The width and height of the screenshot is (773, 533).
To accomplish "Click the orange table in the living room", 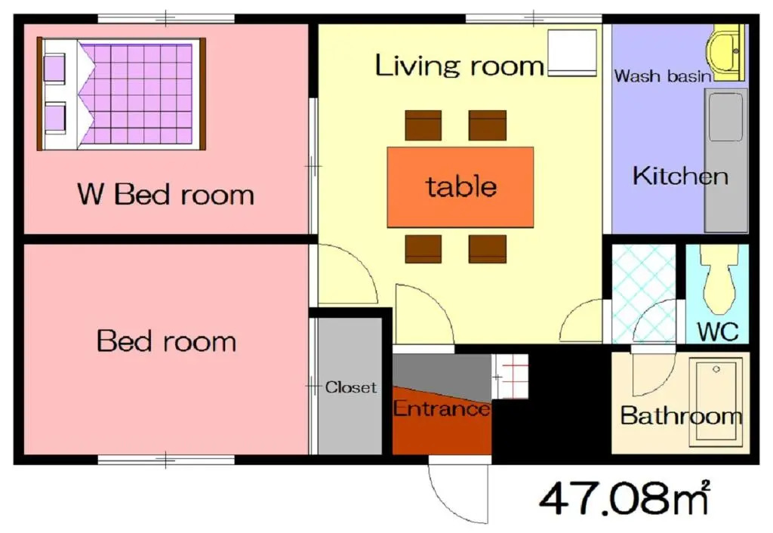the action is tap(460, 187).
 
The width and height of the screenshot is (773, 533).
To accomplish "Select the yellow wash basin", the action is tap(725, 52).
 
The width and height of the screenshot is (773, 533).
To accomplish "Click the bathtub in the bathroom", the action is tap(716, 402).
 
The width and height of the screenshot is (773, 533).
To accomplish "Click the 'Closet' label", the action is tap(350, 387).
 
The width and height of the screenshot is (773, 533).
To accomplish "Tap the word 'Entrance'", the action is tap(441, 408).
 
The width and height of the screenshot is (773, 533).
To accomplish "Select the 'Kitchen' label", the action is tap(680, 176).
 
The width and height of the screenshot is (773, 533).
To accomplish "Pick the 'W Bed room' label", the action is tap(165, 194).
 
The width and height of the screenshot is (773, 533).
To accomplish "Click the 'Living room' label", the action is tap(459, 65).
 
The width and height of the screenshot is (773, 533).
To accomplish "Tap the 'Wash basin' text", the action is tap(663, 76).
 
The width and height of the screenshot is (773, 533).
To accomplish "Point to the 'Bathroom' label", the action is tap(681, 416).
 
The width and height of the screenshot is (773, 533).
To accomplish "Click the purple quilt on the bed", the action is tap(136, 94).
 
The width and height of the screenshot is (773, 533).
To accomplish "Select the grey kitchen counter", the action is tap(725, 160).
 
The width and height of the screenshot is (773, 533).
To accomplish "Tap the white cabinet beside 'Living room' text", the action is tap(572, 53).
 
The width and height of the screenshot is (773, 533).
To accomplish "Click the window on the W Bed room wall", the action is tap(165, 18).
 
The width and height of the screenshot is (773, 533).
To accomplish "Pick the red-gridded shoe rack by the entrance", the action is tap(510, 376).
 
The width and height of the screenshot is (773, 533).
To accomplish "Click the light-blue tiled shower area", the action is tap(643, 294).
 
